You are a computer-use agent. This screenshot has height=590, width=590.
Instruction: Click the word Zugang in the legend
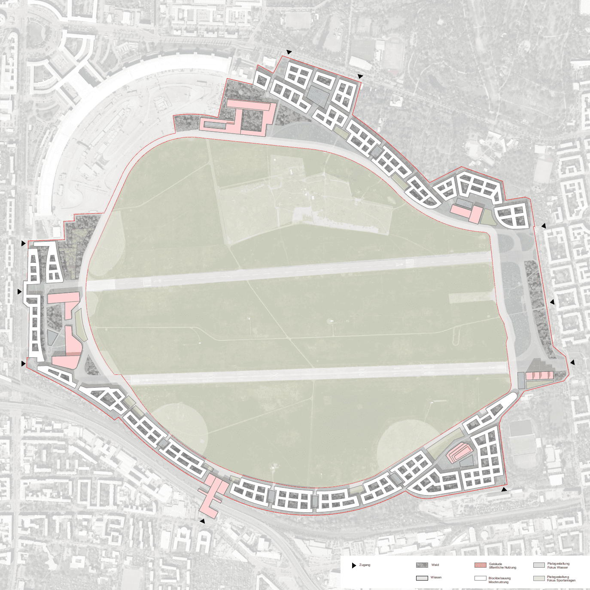[x=365, y=565]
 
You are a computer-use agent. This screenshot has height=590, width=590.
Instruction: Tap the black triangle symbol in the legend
[x=354, y=566]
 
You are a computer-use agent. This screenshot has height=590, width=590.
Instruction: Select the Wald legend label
[x=435, y=565]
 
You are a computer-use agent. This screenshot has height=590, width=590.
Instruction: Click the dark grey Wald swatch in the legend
[x=422, y=565]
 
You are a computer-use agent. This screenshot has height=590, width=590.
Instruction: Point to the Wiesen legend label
[x=436, y=578]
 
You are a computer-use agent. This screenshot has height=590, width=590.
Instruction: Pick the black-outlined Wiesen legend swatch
[x=422, y=578]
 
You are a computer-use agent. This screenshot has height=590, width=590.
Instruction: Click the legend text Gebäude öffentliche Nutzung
[x=502, y=566]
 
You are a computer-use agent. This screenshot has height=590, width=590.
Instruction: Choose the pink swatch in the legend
[x=480, y=565]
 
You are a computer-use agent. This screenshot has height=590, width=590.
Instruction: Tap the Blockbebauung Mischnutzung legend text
[x=499, y=580]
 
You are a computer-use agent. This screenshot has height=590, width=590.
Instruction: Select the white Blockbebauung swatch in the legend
[x=480, y=578]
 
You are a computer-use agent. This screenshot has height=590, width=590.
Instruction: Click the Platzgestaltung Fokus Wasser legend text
[x=558, y=566]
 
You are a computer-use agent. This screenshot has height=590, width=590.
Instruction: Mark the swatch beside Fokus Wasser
[x=539, y=565]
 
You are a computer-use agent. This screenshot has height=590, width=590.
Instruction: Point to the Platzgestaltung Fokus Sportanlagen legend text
[x=561, y=579]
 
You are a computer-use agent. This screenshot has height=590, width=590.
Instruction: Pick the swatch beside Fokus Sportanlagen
[x=539, y=578]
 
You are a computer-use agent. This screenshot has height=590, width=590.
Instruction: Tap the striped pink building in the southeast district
[x=458, y=453]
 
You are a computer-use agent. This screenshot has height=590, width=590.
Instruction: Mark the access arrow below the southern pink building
[x=202, y=521]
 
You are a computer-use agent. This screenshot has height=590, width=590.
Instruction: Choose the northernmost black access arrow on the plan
[x=289, y=52]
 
